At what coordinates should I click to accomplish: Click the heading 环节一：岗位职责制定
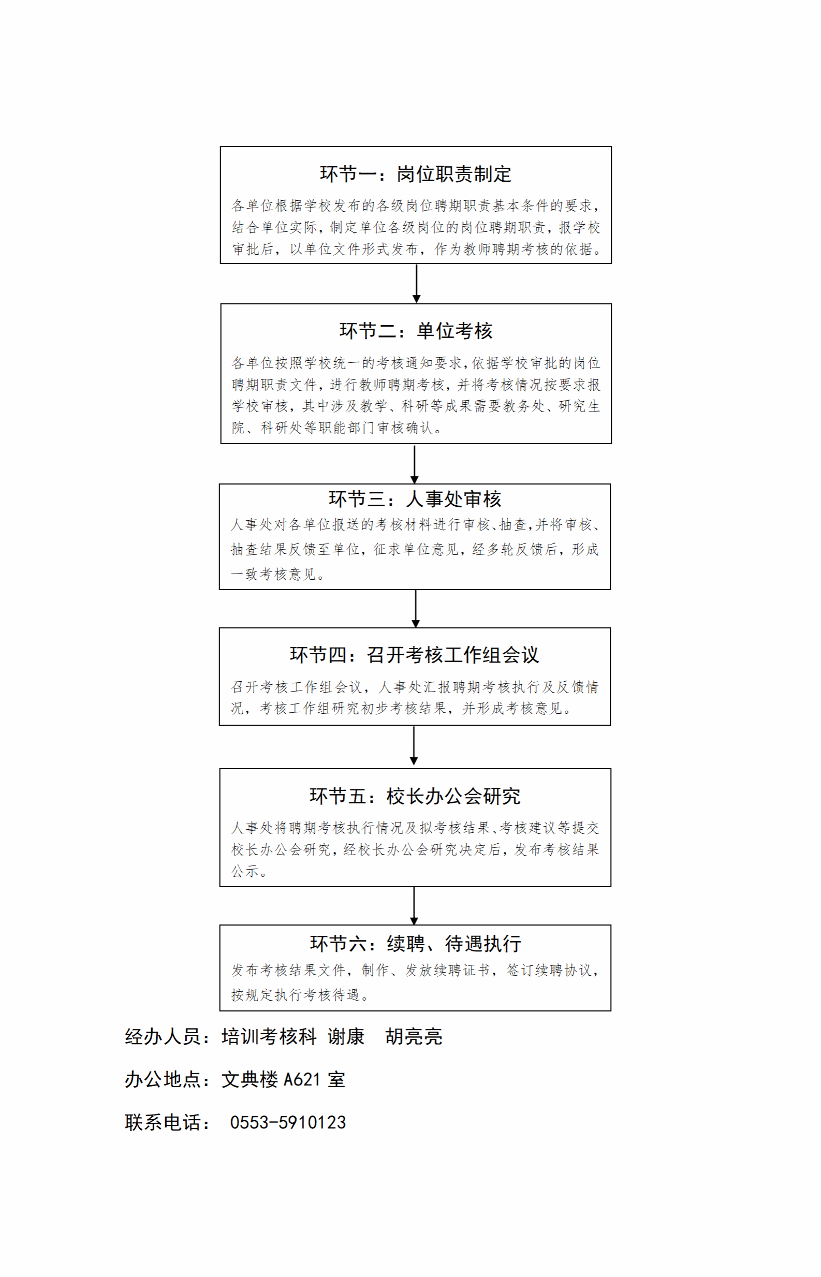415,174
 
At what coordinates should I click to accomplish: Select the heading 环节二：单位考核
416,331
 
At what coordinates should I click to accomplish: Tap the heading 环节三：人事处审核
415,499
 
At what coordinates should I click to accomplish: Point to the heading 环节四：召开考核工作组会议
414,655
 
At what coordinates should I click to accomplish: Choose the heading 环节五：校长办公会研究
415,796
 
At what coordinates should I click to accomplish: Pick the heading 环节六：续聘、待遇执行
415,943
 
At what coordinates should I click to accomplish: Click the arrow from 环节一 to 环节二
416,284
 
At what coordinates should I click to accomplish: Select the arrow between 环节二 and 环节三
414,464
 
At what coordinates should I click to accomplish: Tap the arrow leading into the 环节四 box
416,609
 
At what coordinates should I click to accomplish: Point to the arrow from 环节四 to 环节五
414,745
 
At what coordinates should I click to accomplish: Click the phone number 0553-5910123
288,1122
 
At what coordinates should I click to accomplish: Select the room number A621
302,1080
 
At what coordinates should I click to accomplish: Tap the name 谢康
346,1037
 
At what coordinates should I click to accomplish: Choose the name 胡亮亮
414,1037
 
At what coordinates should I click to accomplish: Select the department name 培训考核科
269,1037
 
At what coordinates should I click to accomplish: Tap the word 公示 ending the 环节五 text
245,871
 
